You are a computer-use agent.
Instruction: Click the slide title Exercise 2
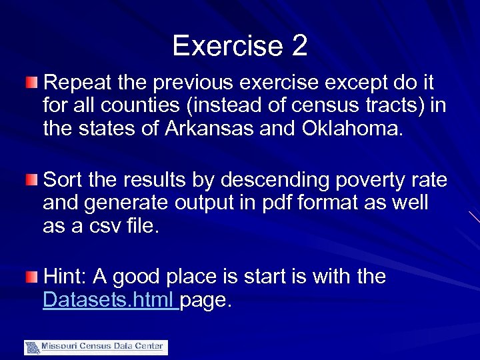(239, 46)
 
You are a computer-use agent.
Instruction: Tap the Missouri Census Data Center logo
(96, 347)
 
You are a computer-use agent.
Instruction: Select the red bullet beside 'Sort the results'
(32, 179)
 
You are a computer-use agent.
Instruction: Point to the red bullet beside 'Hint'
(32, 276)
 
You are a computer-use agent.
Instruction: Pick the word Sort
(65, 180)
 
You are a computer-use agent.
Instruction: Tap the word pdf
(256, 203)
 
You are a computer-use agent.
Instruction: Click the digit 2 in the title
(299, 46)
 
